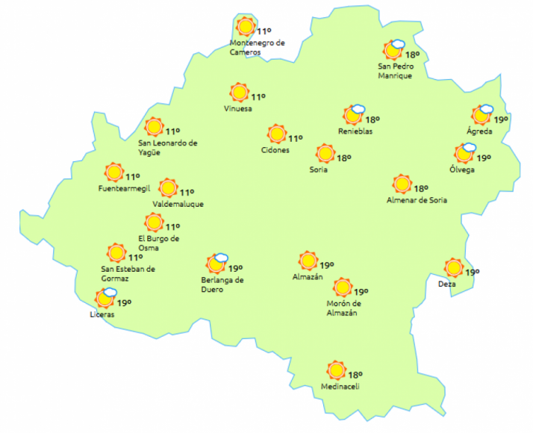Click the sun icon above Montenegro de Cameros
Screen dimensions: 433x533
point(245,27)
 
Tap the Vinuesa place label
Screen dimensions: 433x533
point(238,109)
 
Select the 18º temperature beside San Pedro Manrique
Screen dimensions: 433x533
point(412,54)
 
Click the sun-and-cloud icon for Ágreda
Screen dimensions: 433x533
point(482,115)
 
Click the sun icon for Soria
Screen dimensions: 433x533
point(325,154)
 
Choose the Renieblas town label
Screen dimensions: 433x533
point(355,131)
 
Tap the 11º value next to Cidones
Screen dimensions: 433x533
point(296,138)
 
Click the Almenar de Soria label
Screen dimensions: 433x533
point(417,200)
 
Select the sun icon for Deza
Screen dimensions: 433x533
point(453,267)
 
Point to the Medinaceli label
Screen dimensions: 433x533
point(340,387)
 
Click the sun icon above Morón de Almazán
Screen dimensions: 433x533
point(343,287)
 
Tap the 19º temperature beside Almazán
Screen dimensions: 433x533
point(326,265)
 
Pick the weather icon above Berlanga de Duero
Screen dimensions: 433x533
point(216,264)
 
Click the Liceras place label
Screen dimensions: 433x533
point(102,314)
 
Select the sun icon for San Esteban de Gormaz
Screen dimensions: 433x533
point(116,252)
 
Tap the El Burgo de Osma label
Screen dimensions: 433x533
point(158,243)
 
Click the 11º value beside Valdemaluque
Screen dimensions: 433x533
point(187,192)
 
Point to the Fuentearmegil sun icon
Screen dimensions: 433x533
point(113,172)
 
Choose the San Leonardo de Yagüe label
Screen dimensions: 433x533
point(168,148)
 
